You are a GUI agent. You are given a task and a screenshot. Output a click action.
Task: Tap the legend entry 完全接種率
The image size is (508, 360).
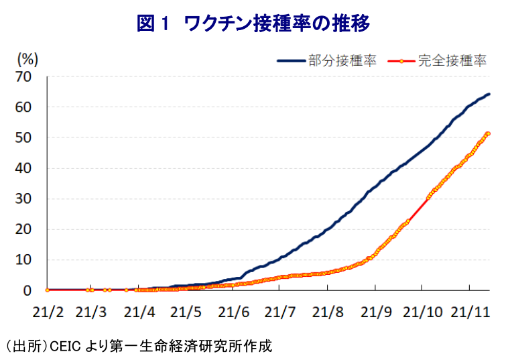[451, 61]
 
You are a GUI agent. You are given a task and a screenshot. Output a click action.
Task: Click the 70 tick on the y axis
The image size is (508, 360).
[23, 76]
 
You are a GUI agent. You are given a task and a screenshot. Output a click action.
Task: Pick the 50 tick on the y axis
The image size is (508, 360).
[23, 137]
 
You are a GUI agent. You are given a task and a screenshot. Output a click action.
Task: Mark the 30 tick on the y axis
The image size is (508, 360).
[23, 198]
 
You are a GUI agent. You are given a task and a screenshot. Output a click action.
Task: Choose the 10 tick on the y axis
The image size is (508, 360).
[23, 259]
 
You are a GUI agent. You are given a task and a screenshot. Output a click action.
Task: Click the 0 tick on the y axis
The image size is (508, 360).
[27, 290]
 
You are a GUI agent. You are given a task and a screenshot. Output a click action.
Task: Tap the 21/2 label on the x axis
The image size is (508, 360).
[47, 312]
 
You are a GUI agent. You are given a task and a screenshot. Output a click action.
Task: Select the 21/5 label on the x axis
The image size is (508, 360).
[186, 312]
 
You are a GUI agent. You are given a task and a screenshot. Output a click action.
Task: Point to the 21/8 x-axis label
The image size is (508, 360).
[326, 312]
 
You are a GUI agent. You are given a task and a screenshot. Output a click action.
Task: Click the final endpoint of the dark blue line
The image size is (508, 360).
[489, 94]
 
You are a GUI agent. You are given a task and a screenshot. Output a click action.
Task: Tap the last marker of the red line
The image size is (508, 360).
[488, 133]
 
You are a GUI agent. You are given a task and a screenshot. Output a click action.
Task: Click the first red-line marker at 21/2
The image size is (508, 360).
[47, 290]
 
